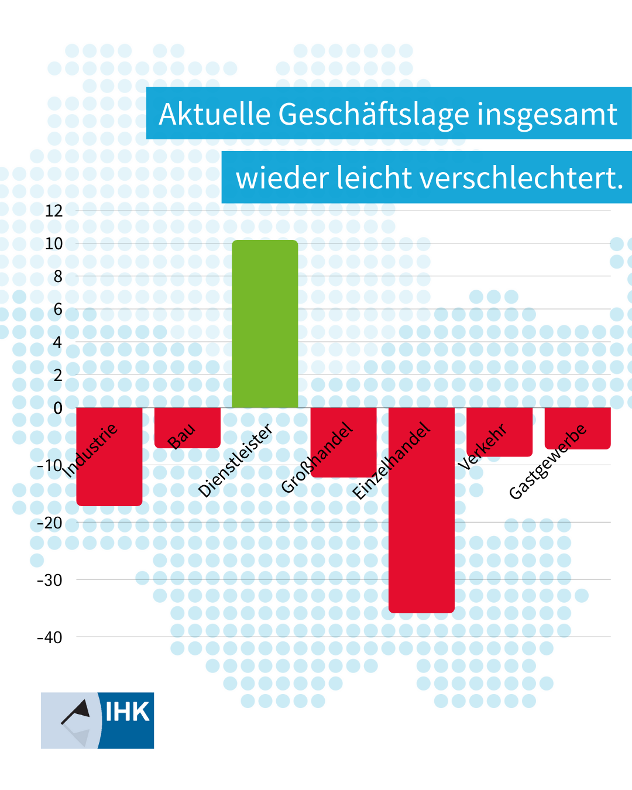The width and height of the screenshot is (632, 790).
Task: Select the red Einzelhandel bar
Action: pos(421,527)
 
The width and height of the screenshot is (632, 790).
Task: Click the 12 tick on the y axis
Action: pos(54,211)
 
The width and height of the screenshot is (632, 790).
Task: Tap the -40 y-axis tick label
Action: pos(50,637)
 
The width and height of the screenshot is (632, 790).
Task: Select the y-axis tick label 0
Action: pos(57,408)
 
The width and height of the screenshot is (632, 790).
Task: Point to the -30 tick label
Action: pos(50,580)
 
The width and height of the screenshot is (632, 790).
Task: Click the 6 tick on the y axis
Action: pos(57,309)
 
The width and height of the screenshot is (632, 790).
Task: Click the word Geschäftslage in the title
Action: pos(373,114)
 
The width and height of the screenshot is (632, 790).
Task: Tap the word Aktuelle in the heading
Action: pos(214,114)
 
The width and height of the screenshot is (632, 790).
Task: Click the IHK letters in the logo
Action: pos(127,712)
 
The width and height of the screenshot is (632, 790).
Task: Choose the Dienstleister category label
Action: pos(235,461)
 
